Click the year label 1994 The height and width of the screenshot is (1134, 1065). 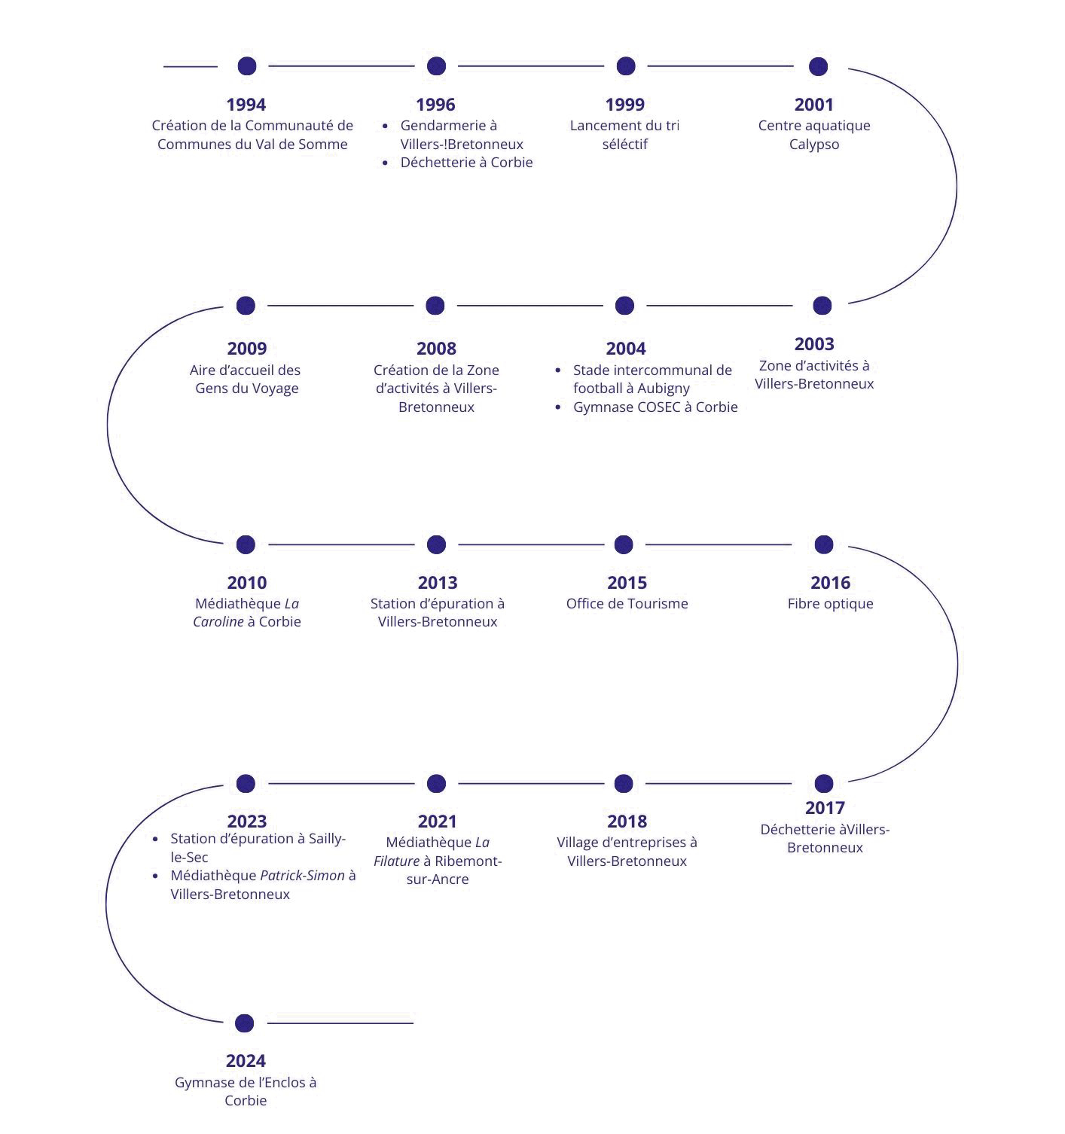point(246,105)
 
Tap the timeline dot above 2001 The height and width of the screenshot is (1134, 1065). point(818,66)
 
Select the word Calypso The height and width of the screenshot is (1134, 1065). point(813,145)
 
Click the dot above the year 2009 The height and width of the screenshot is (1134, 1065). point(246,306)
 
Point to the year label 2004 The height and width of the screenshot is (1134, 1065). point(625,349)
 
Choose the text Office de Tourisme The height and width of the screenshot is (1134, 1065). point(627,604)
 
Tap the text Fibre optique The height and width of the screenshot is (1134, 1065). point(830,604)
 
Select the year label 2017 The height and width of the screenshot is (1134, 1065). point(825,808)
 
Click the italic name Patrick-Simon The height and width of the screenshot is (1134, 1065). point(302,876)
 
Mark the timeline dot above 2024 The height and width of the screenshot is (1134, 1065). point(244,1023)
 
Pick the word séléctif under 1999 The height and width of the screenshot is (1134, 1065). point(624,145)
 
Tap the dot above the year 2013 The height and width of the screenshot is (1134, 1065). point(436,544)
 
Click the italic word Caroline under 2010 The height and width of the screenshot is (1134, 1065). point(218,622)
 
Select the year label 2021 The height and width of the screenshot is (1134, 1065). point(437,822)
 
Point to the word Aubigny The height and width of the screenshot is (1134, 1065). point(663,389)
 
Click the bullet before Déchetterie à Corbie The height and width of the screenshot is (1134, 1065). point(385,163)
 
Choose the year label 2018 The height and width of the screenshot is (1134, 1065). point(627,822)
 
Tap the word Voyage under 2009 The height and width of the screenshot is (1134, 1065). point(276,389)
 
